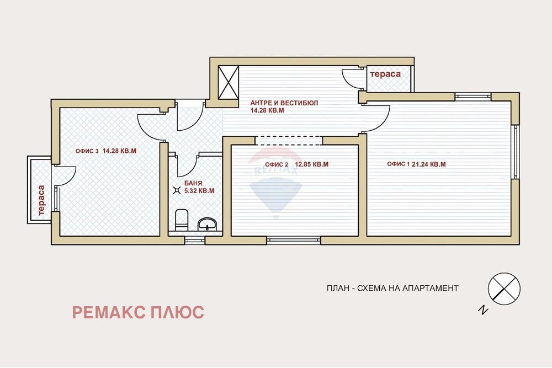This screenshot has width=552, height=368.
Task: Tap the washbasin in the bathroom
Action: pos(208,223)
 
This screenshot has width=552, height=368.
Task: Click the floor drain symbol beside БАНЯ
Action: pos(177,190)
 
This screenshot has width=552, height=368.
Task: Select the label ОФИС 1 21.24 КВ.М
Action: pos(416,164)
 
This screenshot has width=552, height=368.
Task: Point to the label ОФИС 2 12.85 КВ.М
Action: pos(297,164)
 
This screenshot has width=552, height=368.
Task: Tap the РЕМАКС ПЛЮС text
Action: pos(138,312)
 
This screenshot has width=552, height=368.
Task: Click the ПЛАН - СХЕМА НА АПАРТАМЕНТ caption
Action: pos(392,288)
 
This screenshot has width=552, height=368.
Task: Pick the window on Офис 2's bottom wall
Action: pos(293,241)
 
